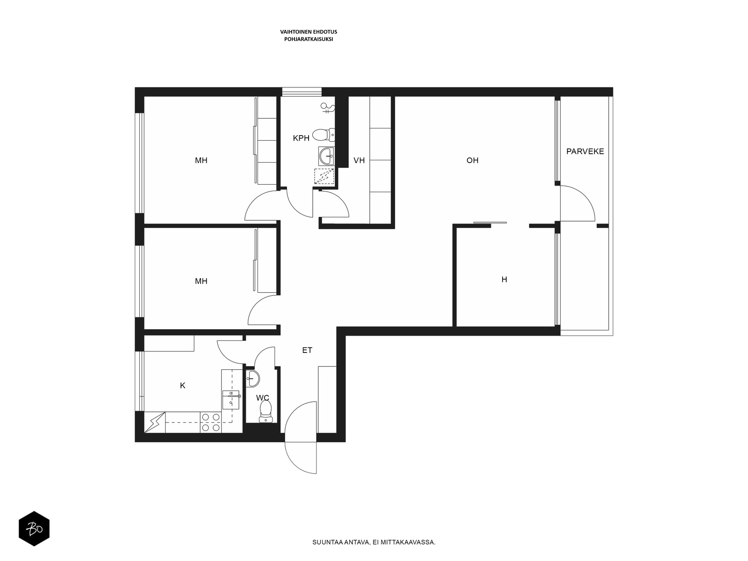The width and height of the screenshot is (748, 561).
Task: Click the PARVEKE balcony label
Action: coord(585,151)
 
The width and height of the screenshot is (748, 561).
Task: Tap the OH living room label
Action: coord(472,160)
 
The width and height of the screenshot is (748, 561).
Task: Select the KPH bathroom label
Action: coord(301,138)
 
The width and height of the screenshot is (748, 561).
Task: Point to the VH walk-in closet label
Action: coord(359,160)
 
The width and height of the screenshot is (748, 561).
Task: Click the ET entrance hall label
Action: coord(307,350)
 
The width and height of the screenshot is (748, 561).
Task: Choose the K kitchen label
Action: coord(183,386)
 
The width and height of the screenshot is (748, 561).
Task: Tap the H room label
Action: coord(504,280)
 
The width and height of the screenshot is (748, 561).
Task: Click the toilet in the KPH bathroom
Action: coord(324,135)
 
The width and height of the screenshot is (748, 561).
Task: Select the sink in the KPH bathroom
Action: coord(326,156)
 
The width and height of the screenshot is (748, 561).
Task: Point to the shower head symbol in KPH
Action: coord(328,108)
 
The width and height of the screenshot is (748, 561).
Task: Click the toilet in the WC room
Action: coord(266,411)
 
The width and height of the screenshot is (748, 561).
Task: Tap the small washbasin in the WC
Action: coord(252,378)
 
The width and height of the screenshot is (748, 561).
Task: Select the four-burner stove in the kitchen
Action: coord(210,422)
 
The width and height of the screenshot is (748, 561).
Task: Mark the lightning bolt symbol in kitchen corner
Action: coord(155,422)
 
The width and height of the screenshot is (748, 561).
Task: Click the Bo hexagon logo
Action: coord(34,529)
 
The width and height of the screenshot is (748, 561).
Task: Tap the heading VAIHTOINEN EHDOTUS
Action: coord(309,32)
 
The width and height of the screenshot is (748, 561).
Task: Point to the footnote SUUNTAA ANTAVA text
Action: coord(374,542)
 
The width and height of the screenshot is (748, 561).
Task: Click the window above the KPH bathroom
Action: coord(302,92)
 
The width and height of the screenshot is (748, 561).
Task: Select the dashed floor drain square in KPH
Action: coord(324,176)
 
